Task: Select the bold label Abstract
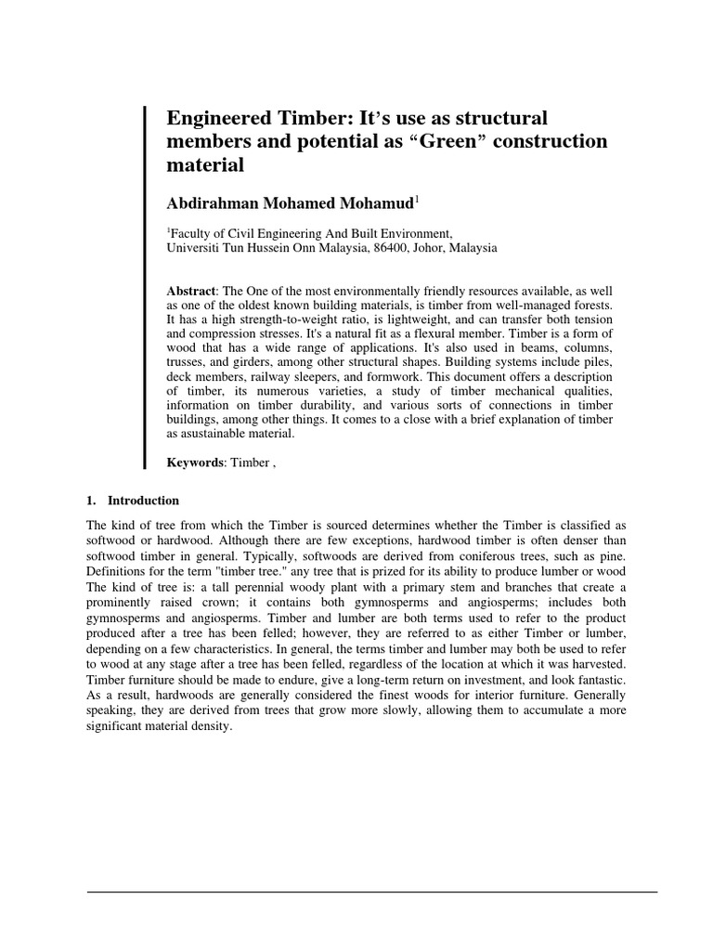click(191, 292)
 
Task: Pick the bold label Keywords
click(194, 462)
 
